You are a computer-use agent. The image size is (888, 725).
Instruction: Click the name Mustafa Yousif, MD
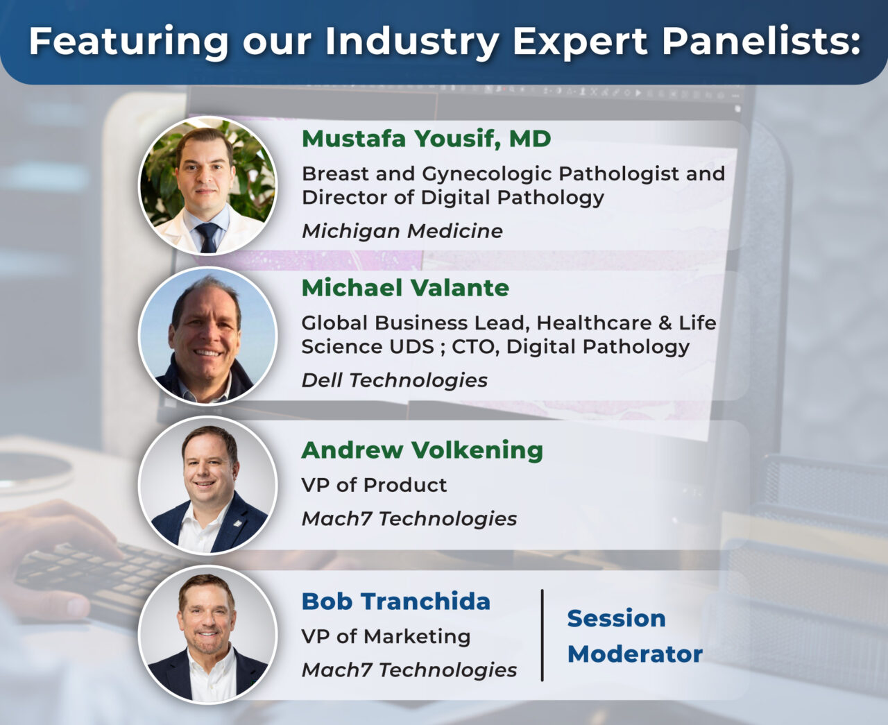tap(426, 139)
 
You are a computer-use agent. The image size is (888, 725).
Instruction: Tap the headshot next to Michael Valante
tap(207, 336)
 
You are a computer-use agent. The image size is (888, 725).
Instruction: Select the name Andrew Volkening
tap(422, 450)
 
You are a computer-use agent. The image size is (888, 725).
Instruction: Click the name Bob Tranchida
tap(396, 601)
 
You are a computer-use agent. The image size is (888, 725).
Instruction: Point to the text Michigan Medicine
tap(402, 231)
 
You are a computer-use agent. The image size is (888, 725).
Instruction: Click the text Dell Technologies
tap(395, 380)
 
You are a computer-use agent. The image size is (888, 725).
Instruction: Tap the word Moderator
tap(635, 654)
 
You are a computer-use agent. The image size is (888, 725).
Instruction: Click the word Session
tap(617, 618)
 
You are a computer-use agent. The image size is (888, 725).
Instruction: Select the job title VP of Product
tap(374, 485)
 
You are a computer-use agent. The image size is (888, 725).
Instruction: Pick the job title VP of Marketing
tap(386, 636)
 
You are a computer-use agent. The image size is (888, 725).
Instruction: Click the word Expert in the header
tap(580, 41)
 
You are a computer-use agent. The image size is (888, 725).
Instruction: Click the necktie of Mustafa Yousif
tap(207, 237)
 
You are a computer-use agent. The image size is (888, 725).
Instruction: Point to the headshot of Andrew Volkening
tap(207, 485)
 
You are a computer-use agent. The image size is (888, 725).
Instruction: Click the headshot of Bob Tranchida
tap(207, 635)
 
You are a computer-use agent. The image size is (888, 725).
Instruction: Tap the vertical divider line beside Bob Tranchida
tap(542, 635)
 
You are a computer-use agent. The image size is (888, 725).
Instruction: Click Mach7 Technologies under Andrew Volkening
tap(409, 519)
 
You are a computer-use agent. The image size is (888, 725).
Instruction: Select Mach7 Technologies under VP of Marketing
tap(409, 670)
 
